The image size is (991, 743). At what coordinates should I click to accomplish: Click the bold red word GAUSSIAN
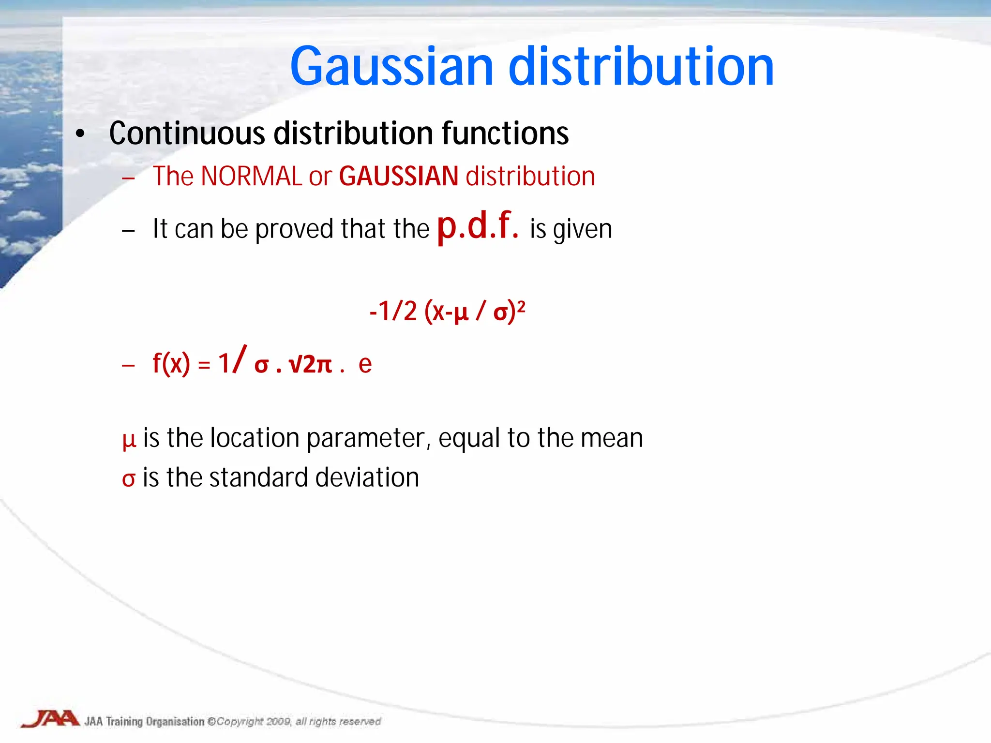click(398, 176)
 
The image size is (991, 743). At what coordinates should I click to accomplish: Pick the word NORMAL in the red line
click(251, 176)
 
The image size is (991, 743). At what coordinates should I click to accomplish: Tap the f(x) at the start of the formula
click(171, 363)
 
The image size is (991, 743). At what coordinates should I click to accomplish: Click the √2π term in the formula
click(310, 364)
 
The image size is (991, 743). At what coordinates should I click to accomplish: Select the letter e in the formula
click(365, 364)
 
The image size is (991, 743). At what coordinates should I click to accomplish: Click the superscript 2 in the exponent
click(521, 306)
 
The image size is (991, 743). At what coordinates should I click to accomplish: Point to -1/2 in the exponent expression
click(393, 311)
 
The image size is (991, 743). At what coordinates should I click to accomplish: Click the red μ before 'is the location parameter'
click(129, 440)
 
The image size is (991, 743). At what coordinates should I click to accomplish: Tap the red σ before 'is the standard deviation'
click(128, 479)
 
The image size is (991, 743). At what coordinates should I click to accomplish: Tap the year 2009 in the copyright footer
click(279, 722)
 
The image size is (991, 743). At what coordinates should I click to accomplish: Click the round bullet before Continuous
click(80, 134)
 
